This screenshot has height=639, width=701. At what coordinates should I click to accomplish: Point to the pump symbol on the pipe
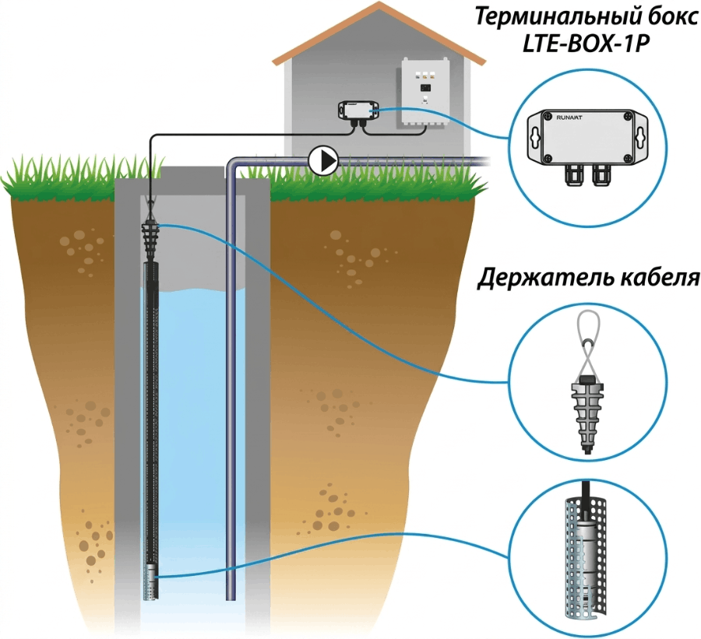click(x=323, y=160)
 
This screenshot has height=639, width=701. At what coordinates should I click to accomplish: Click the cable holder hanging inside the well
click(x=150, y=237)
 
